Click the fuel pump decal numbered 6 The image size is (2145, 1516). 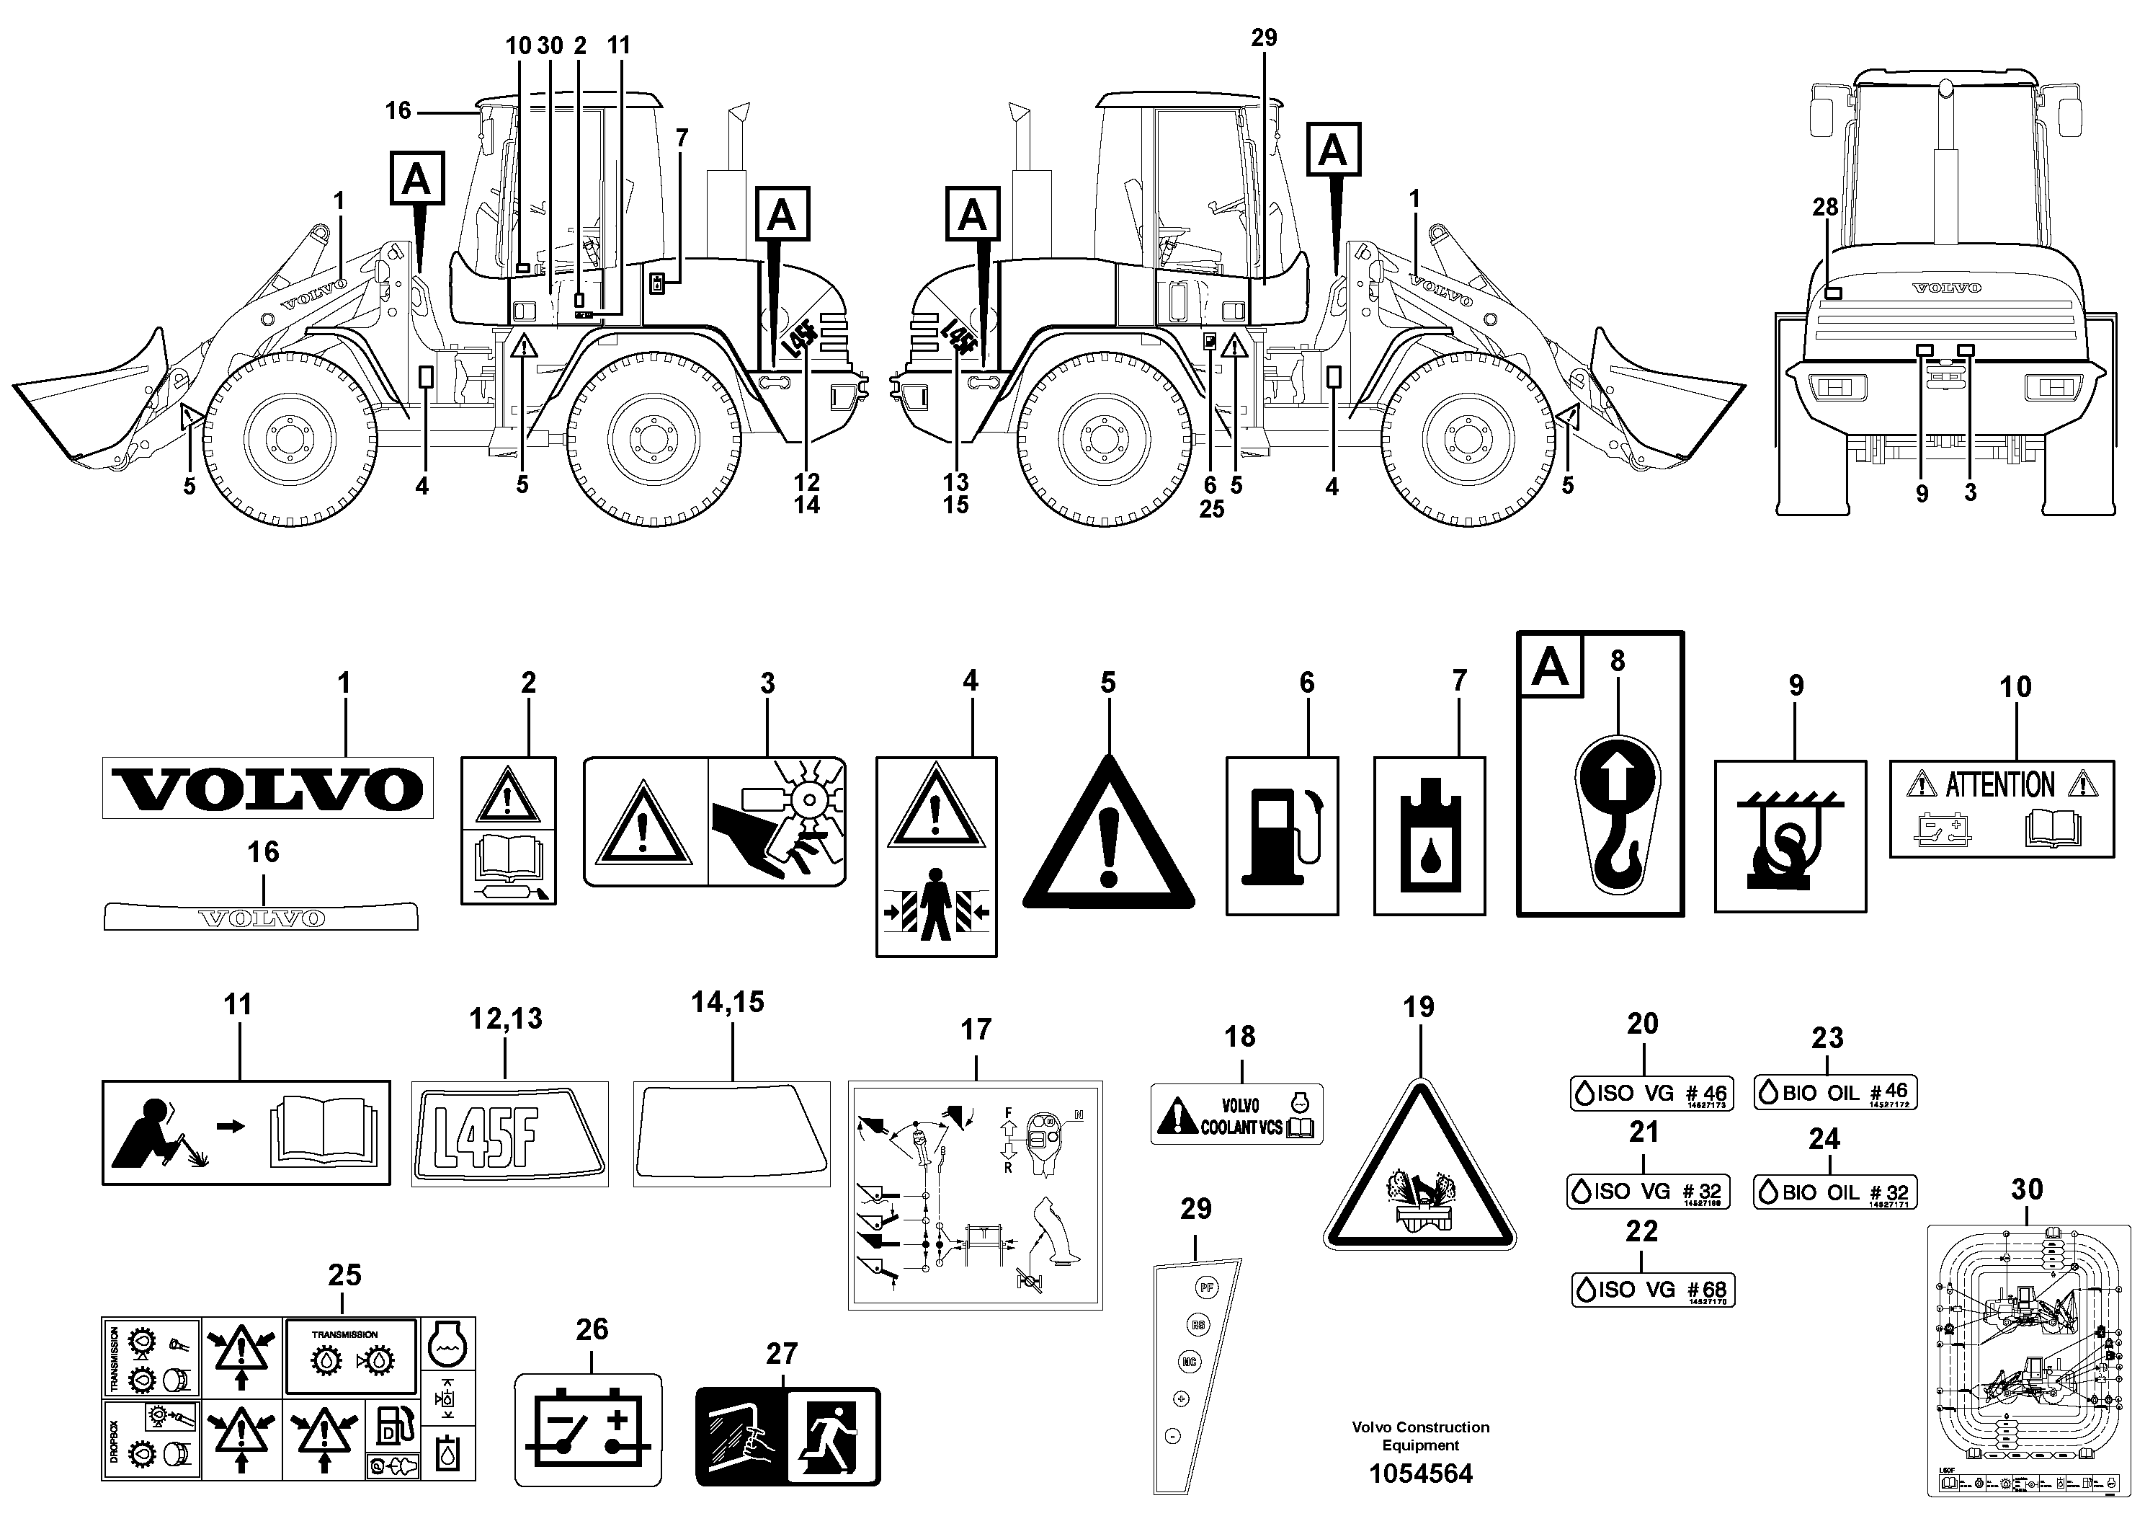click(x=1281, y=835)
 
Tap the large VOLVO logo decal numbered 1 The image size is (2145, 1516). click(x=267, y=788)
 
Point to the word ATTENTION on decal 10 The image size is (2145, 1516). click(x=2000, y=784)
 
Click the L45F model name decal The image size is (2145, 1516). click(x=509, y=1134)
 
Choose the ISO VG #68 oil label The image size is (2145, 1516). click(x=1653, y=1290)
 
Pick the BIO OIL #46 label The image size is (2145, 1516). click(x=1835, y=1091)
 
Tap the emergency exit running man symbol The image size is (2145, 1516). click(x=831, y=1435)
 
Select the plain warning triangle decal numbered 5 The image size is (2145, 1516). click(x=1108, y=839)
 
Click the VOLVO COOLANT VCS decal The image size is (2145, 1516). click(x=1236, y=1115)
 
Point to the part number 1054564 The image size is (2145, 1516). click(x=1420, y=1474)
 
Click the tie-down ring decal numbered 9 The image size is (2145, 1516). click(x=1789, y=835)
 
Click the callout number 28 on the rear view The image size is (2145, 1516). click(x=1824, y=207)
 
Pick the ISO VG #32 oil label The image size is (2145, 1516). click(x=1648, y=1192)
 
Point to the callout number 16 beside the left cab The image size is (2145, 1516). click(x=398, y=110)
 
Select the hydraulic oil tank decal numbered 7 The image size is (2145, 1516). click(x=1429, y=835)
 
